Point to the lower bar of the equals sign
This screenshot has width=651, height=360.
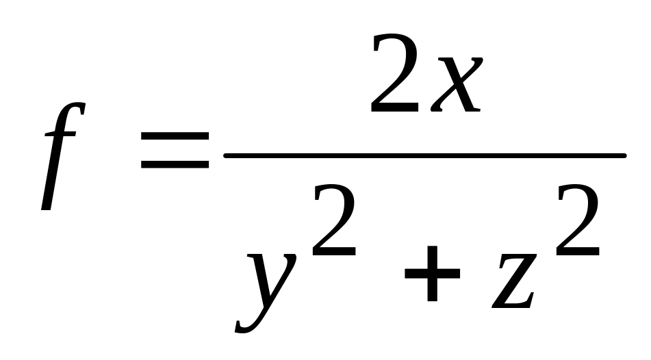175,165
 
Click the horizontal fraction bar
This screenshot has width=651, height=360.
424,156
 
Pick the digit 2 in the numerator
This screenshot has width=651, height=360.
396,75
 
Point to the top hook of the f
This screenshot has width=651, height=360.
79,108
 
